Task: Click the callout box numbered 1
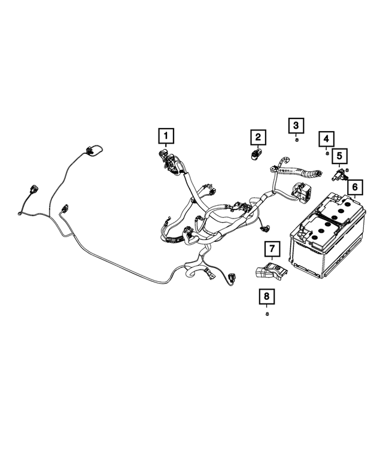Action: [165, 136]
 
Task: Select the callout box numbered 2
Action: [258, 138]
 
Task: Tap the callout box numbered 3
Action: [296, 126]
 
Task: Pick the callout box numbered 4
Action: [326, 139]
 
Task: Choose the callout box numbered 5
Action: [339, 157]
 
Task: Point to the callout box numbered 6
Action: [354, 188]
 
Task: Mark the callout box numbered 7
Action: [271, 248]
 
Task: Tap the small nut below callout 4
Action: [327, 153]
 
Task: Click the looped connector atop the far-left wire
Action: [91, 150]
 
